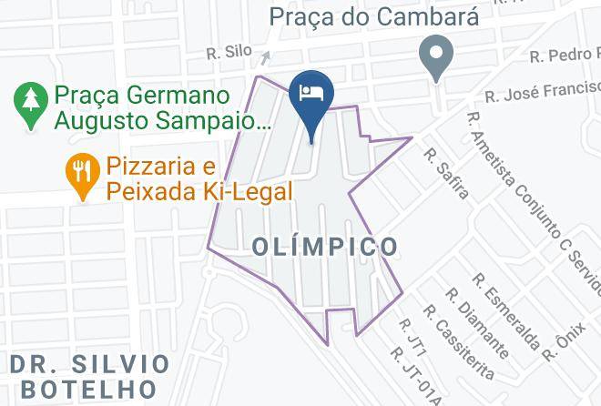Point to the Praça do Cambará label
(x=362, y=15)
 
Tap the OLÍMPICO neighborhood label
(x=324, y=247)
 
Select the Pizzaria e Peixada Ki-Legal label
(x=199, y=179)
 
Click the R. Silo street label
(x=225, y=52)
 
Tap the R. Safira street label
(x=446, y=174)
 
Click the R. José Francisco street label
(x=542, y=90)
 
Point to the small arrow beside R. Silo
(x=264, y=57)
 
